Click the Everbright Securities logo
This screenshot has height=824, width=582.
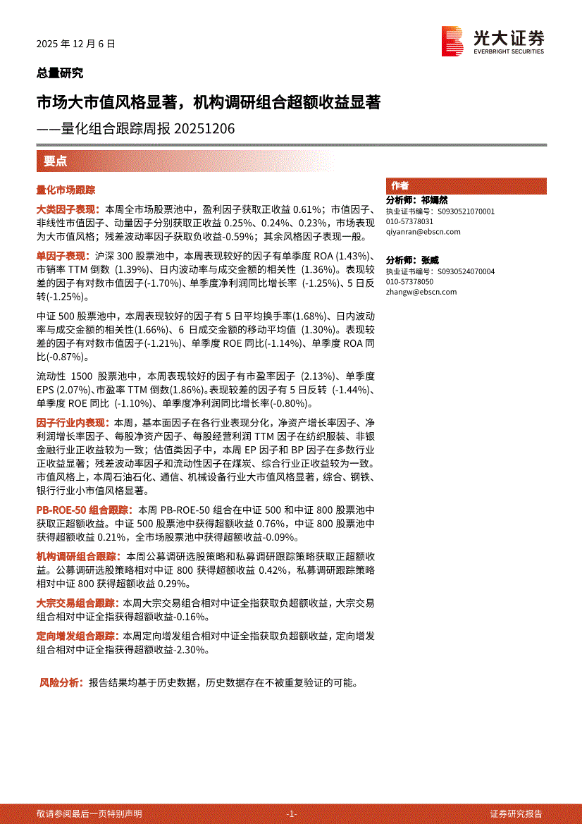click(x=493, y=41)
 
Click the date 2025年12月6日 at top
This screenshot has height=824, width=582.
click(x=75, y=44)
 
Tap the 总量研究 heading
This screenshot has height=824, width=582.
click(x=60, y=73)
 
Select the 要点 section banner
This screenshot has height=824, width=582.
click(x=56, y=161)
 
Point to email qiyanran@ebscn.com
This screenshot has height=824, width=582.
click(x=423, y=231)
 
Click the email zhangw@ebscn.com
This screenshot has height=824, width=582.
click(x=421, y=292)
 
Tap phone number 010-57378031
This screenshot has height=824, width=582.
click(x=409, y=221)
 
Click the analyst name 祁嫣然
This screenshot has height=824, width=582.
click(x=434, y=201)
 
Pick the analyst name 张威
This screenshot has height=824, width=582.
click(x=429, y=260)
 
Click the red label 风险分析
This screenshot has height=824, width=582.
click(x=61, y=683)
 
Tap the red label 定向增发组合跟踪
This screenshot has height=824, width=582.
click(x=78, y=636)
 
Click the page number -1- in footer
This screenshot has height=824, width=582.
click(x=292, y=813)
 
